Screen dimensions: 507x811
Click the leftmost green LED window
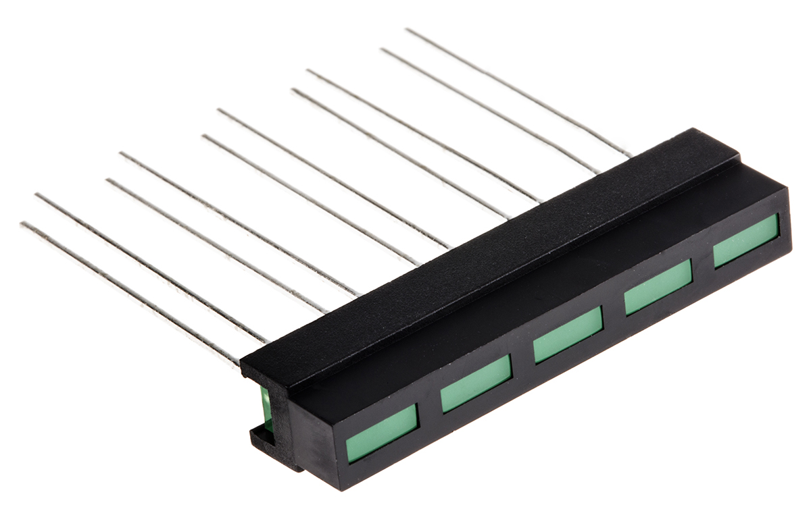pos(382,433)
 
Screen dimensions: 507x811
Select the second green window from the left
pos(476,383)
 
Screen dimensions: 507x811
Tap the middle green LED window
pos(568,334)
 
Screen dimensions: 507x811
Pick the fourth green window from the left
pos(658,287)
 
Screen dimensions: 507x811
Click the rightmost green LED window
pos(746,241)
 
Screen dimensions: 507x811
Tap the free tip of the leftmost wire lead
pos(22,224)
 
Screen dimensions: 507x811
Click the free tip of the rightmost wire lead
pos(407,30)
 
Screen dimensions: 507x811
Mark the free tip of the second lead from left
pos(36,195)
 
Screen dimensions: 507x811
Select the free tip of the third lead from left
pos(107,180)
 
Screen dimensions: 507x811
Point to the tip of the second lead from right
pos(383,49)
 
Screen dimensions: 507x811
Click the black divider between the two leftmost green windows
pos(429,408)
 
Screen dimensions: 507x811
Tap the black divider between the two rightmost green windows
pos(703,264)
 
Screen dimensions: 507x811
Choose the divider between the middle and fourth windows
pos(613,311)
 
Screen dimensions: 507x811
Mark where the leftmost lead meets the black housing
pos(239,365)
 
